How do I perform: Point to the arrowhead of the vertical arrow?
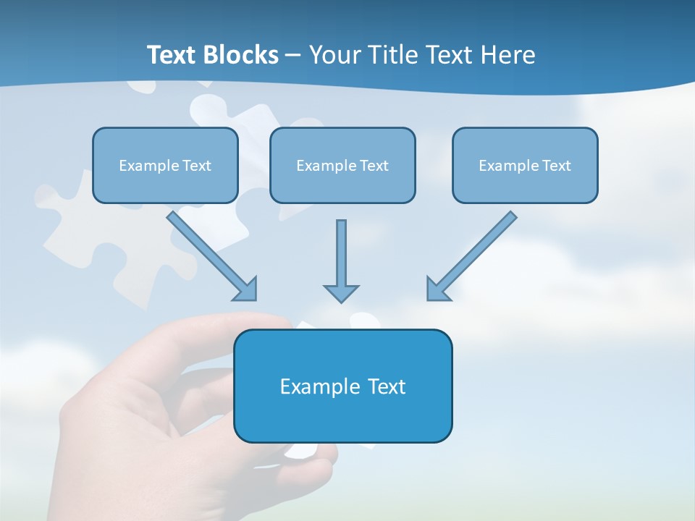[341, 293]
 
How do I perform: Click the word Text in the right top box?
[557, 166]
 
